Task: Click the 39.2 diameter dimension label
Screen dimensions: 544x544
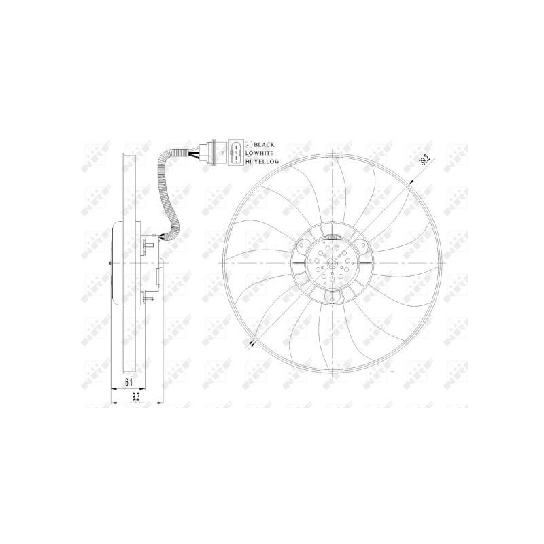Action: click(x=426, y=160)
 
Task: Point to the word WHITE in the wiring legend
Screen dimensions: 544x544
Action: click(x=264, y=154)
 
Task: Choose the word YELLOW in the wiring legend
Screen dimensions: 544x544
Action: click(x=266, y=163)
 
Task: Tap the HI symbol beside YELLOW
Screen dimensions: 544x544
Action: click(x=249, y=163)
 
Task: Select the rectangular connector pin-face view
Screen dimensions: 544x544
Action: click(x=235, y=154)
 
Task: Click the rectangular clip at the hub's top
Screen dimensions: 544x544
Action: click(x=333, y=237)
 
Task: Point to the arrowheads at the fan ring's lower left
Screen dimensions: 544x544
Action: click(x=252, y=344)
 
